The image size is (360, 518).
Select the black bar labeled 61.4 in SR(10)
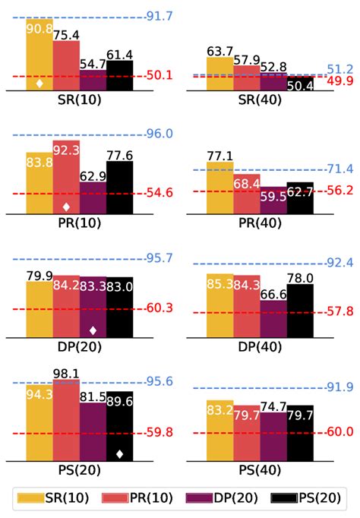pyautogui.click(x=119, y=76)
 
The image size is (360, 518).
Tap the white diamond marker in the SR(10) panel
pyautogui.click(x=39, y=84)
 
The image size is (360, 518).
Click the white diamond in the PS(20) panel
pyautogui.click(x=119, y=453)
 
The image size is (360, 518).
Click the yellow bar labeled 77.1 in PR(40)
pyautogui.click(x=220, y=183)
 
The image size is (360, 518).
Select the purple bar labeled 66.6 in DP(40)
pyautogui.click(x=273, y=317)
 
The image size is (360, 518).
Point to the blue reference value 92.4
pyautogui.click(x=339, y=263)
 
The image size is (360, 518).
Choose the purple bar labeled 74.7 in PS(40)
pyautogui.click(x=273, y=437)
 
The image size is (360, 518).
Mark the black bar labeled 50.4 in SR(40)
pyautogui.click(x=300, y=84)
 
